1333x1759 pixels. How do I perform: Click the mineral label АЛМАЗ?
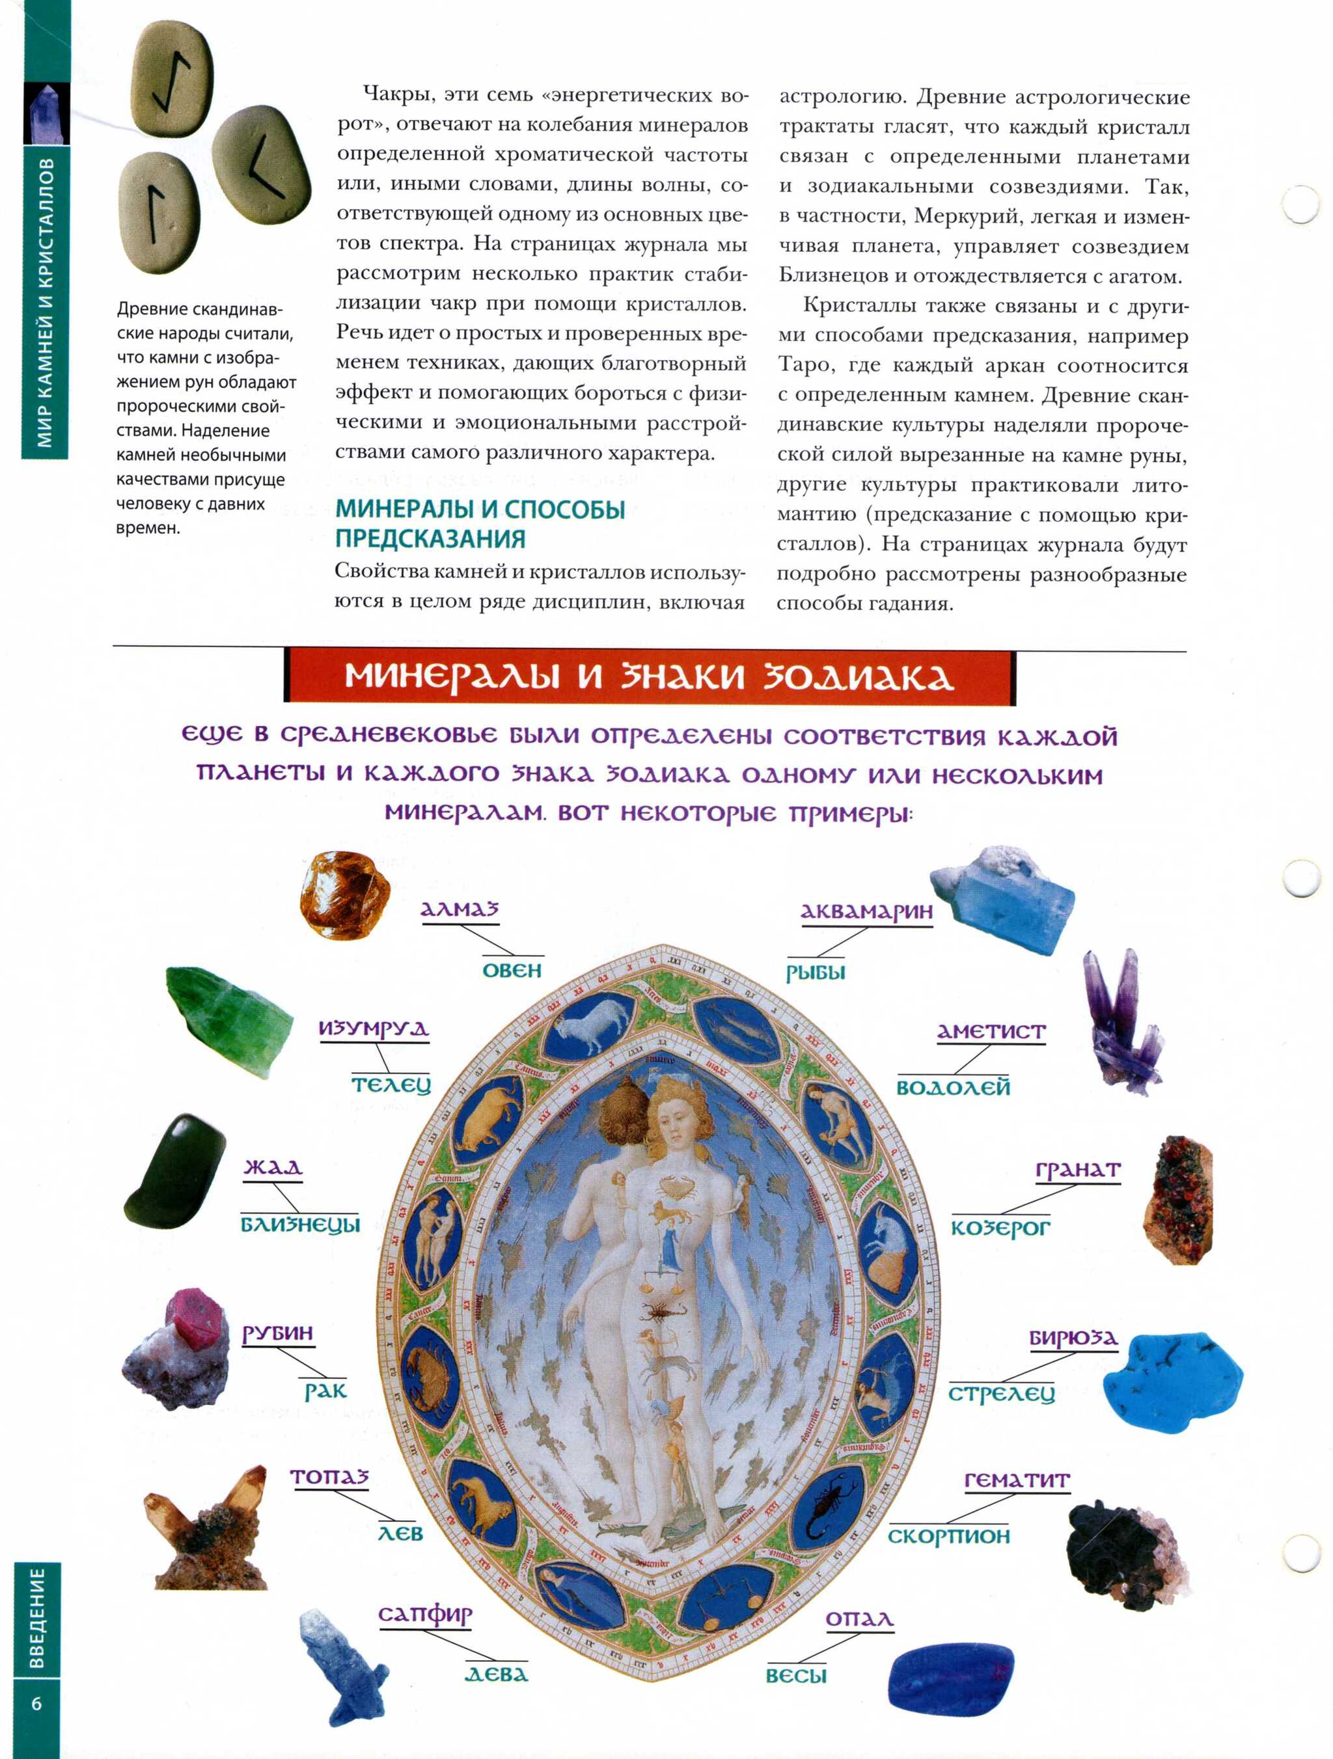pyautogui.click(x=459, y=909)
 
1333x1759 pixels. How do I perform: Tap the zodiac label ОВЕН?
pyautogui.click(x=512, y=970)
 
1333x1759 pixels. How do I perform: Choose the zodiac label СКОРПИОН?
pyautogui.click(x=948, y=1536)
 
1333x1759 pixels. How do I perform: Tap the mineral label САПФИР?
pyautogui.click(x=424, y=1614)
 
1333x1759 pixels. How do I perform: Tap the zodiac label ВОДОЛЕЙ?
pyautogui.click(x=952, y=1087)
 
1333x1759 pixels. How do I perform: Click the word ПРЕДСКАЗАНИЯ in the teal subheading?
pyautogui.click(x=430, y=539)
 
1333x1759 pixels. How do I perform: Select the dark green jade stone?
pyautogui.click(x=174, y=1171)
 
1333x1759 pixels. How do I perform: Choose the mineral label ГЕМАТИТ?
pyautogui.click(x=1017, y=1480)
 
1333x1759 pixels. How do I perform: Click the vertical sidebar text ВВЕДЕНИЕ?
pyautogui.click(x=36, y=1618)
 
